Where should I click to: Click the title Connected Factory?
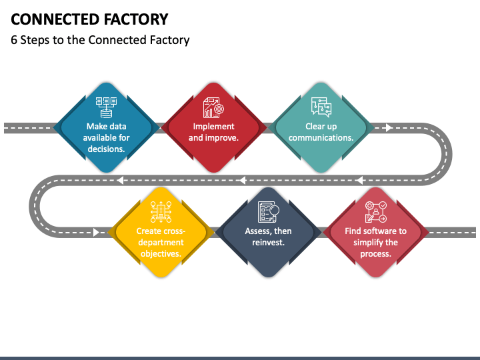pyautogui.click(x=89, y=19)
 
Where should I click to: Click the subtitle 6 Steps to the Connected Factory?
pyautogui.click(x=100, y=40)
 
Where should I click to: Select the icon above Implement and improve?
pyautogui.click(x=213, y=107)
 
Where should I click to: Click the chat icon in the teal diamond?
pyautogui.click(x=320, y=107)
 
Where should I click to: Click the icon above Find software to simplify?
pyautogui.click(x=375, y=213)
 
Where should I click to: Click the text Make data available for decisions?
pyautogui.click(x=107, y=137)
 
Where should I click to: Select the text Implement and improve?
pyautogui.click(x=213, y=132)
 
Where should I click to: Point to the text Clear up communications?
pyautogui.click(x=321, y=132)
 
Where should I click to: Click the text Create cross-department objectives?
pyautogui.click(x=161, y=243)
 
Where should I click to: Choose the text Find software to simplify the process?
pyautogui.click(x=375, y=243)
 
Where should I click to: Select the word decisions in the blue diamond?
pyautogui.click(x=107, y=149)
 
